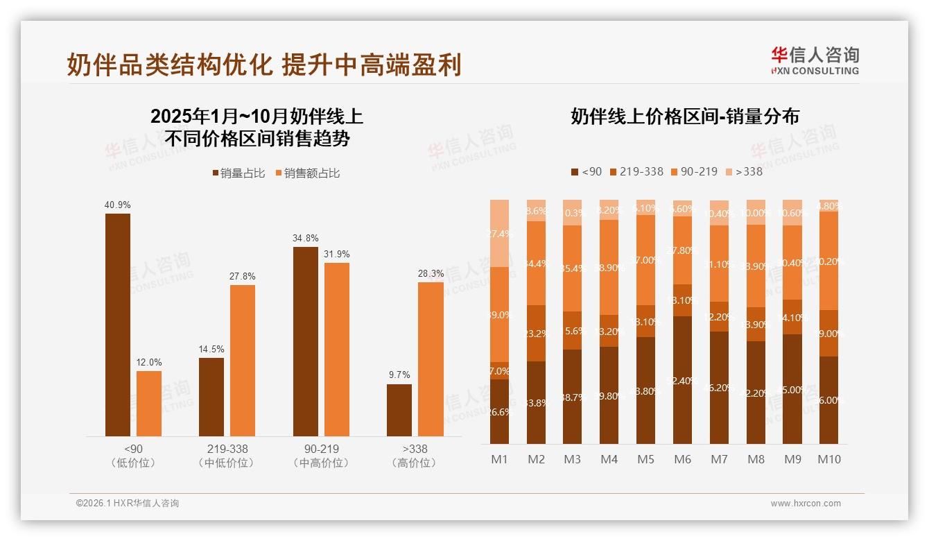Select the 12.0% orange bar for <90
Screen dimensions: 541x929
(x=149, y=404)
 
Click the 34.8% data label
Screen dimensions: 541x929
(x=306, y=238)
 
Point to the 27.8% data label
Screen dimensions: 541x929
(x=243, y=276)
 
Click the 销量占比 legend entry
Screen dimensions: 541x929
(x=238, y=173)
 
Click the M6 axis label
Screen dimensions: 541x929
(x=683, y=459)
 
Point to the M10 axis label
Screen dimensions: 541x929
(x=829, y=459)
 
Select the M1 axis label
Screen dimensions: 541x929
(x=500, y=459)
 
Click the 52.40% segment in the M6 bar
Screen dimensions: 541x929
(x=683, y=380)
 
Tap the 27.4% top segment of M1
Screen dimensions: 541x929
(x=500, y=233)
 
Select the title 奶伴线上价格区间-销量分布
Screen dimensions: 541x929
(x=685, y=117)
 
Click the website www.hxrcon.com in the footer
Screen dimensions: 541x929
(x=806, y=504)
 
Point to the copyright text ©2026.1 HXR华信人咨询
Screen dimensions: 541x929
(x=128, y=504)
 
